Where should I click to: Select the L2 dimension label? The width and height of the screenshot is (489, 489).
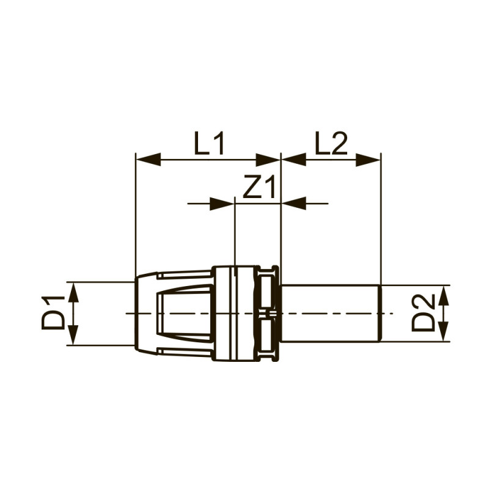click(331, 144)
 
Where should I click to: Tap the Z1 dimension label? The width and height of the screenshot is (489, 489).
click(260, 188)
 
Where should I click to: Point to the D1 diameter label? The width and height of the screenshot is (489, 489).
click(54, 312)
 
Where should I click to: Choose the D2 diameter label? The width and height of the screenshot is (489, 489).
click(423, 312)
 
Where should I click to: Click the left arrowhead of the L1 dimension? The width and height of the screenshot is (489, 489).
click(147, 160)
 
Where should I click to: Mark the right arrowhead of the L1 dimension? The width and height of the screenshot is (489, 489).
click(268, 160)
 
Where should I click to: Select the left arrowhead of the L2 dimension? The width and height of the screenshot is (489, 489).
click(293, 160)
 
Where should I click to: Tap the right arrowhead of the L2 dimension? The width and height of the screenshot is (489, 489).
click(369, 160)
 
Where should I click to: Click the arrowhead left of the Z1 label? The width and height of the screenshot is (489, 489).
click(222, 203)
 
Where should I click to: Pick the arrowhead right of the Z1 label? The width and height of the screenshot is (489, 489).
click(293, 203)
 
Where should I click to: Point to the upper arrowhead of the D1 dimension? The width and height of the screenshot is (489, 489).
click(73, 293)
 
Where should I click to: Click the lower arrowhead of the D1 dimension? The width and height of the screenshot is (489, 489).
click(73, 334)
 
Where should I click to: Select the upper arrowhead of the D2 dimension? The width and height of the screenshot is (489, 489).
click(443, 296)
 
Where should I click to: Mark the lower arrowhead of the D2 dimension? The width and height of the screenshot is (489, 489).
click(443, 330)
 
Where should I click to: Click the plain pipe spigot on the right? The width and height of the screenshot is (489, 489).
click(330, 313)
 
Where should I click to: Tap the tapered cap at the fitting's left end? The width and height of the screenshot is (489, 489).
click(147, 313)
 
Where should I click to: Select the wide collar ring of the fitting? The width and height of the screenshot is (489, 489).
click(233, 313)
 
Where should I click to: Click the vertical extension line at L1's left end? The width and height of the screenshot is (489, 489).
click(135, 214)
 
